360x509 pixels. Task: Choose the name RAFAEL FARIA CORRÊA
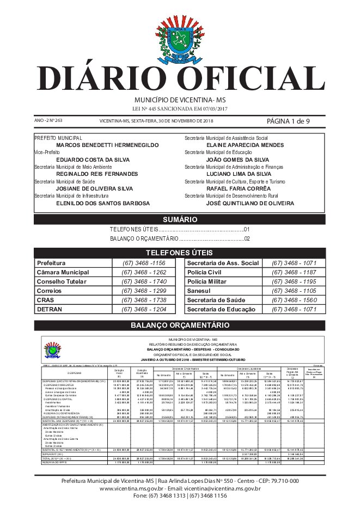pyautogui.click(x=239, y=188)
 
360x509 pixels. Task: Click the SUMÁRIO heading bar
pyautogui.click(x=180, y=219)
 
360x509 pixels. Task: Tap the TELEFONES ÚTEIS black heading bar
pyautogui.click(x=180, y=253)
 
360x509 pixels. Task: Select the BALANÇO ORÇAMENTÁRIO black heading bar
pyautogui.click(x=180, y=326)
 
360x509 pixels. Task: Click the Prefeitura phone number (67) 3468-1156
pyautogui.click(x=144, y=263)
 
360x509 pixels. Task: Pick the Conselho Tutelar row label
pyautogui.click(x=62, y=281)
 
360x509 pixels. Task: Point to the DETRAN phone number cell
pyautogui.click(x=144, y=309)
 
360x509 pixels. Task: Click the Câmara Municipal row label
pyautogui.click(x=63, y=272)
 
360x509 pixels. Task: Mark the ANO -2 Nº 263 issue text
pyautogui.click(x=49, y=120)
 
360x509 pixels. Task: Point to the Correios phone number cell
pyautogui.click(x=144, y=291)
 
